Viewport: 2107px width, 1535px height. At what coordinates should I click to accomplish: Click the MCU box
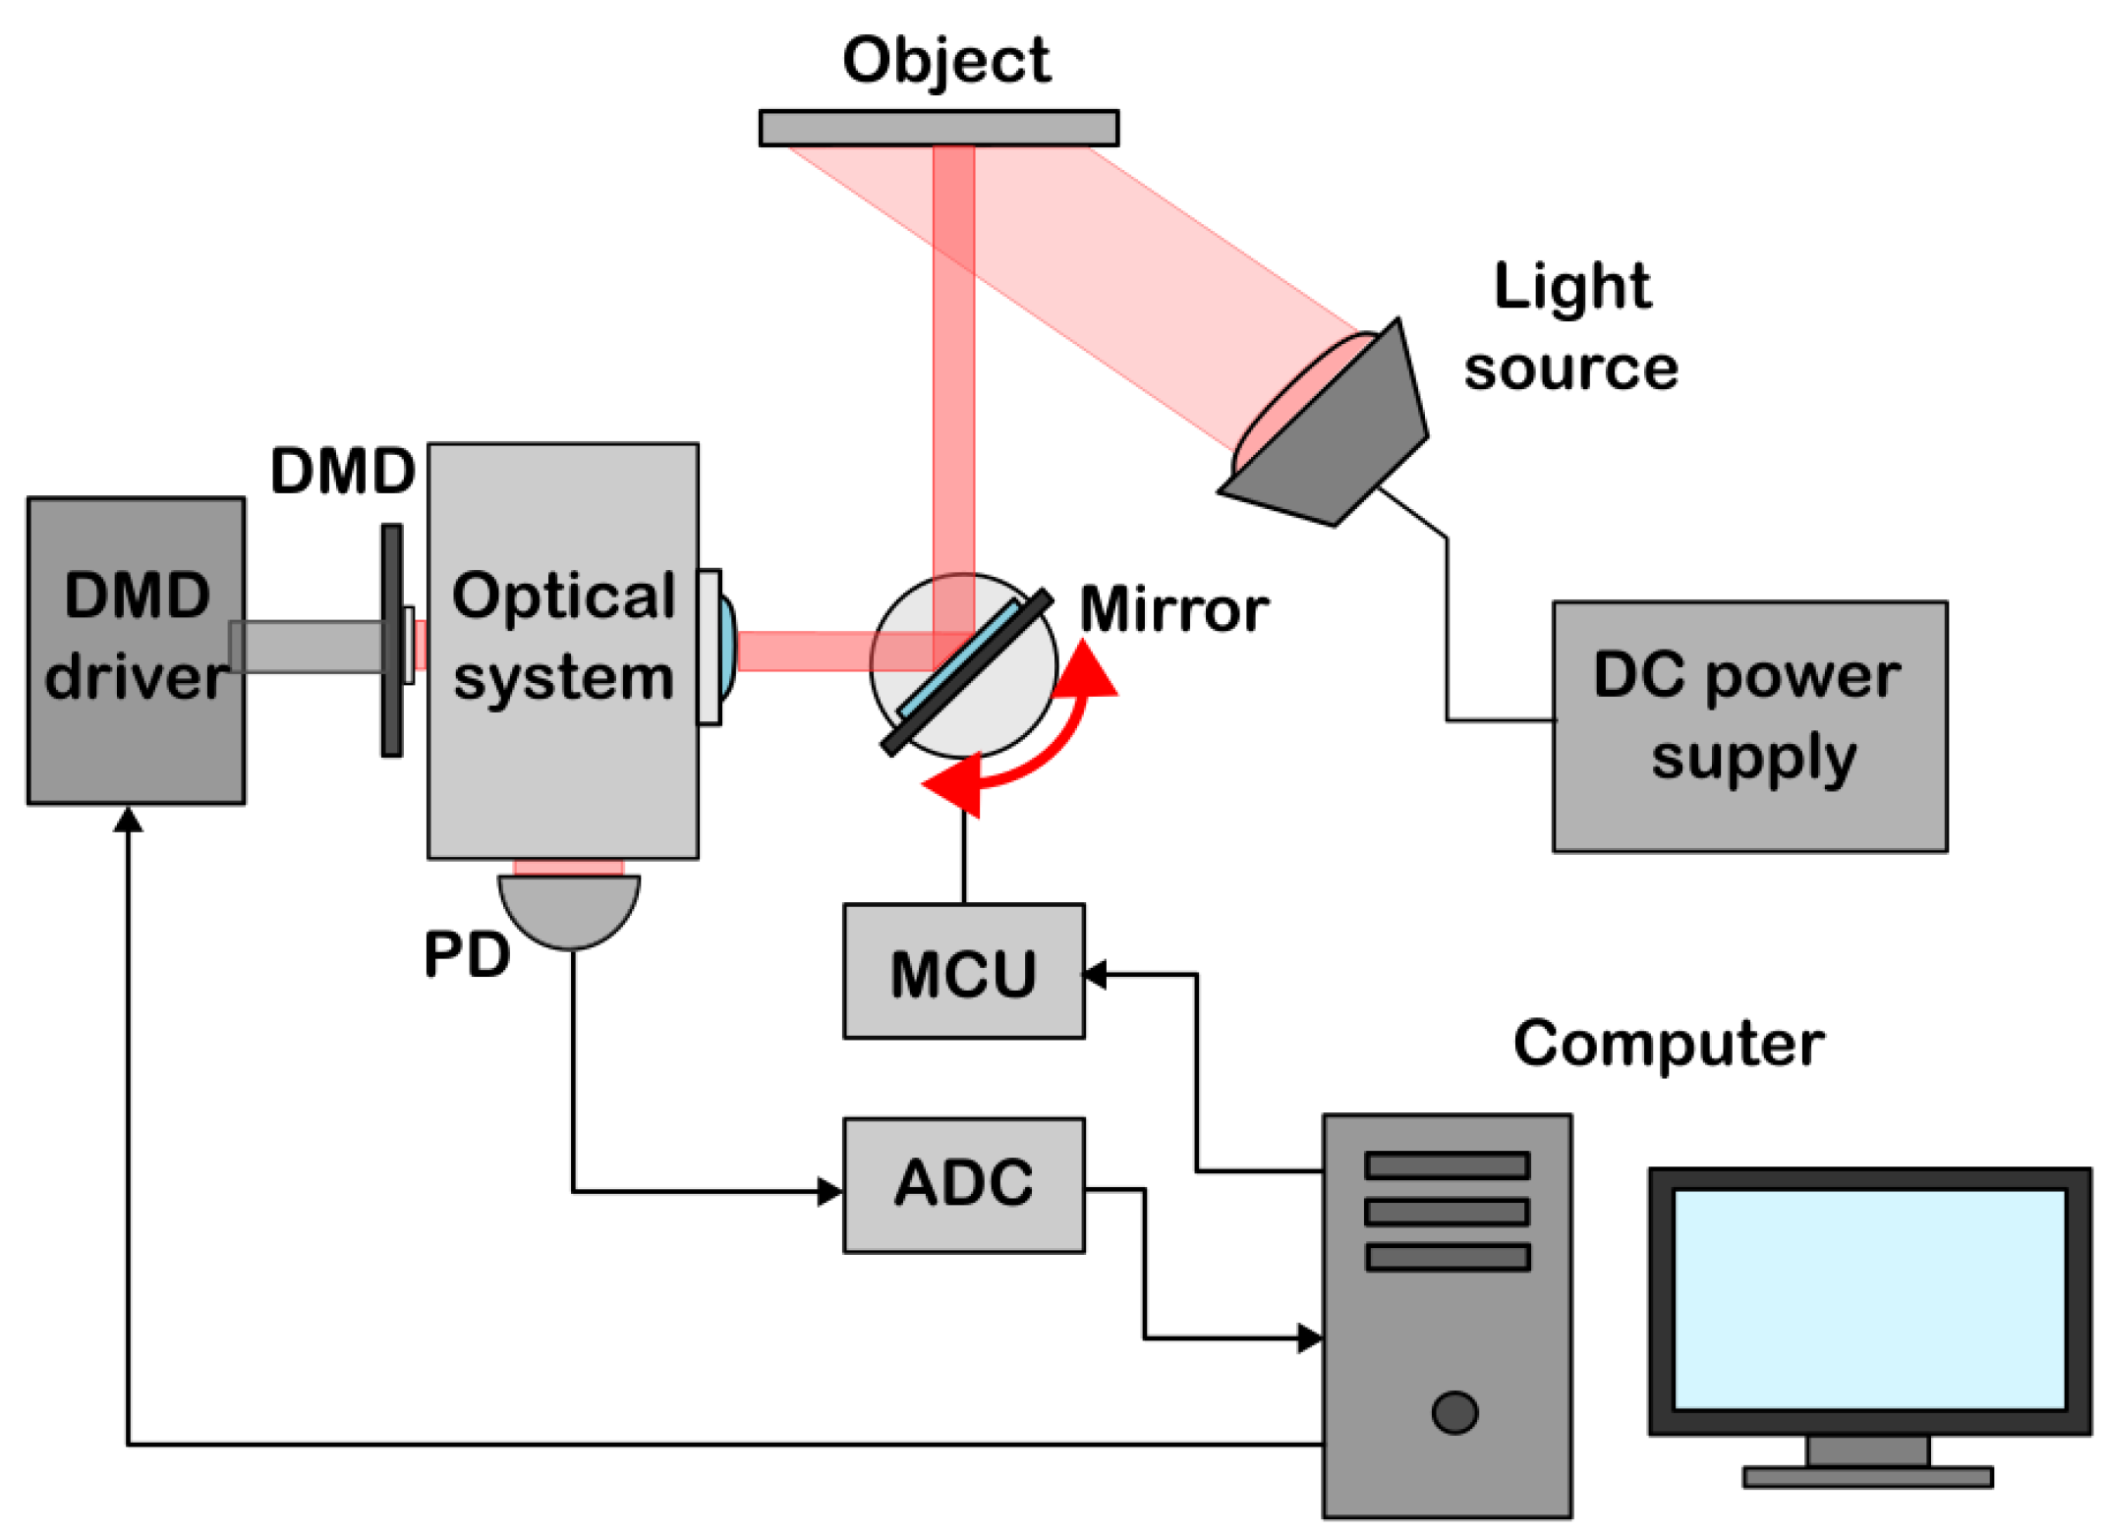pyautogui.click(x=963, y=971)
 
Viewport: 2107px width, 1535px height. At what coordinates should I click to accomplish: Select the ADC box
pyautogui.click(x=963, y=1183)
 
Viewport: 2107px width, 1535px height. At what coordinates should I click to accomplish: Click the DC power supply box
pyautogui.click(x=1748, y=726)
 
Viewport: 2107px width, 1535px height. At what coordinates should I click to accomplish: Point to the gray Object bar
pyautogui.click(x=939, y=128)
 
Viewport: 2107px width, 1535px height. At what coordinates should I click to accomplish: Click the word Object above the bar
pyautogui.click(x=945, y=61)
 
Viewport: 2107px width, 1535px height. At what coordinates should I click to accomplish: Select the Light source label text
pyautogui.click(x=1570, y=327)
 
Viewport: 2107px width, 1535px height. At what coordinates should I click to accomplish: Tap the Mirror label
pyautogui.click(x=1173, y=609)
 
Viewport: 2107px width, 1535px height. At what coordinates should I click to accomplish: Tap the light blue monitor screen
pyautogui.click(x=1868, y=1298)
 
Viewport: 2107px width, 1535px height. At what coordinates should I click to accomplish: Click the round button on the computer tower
pyautogui.click(x=1454, y=1412)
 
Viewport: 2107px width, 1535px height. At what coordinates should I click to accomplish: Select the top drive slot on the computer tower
pyautogui.click(x=1447, y=1165)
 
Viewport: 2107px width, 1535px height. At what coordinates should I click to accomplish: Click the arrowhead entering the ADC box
pyautogui.click(x=830, y=1191)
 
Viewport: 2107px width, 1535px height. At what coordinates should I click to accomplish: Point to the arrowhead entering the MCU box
pyautogui.click(x=1095, y=974)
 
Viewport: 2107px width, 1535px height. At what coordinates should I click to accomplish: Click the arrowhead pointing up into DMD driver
pyautogui.click(x=128, y=819)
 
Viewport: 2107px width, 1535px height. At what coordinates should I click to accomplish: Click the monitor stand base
pyautogui.click(x=1867, y=1476)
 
